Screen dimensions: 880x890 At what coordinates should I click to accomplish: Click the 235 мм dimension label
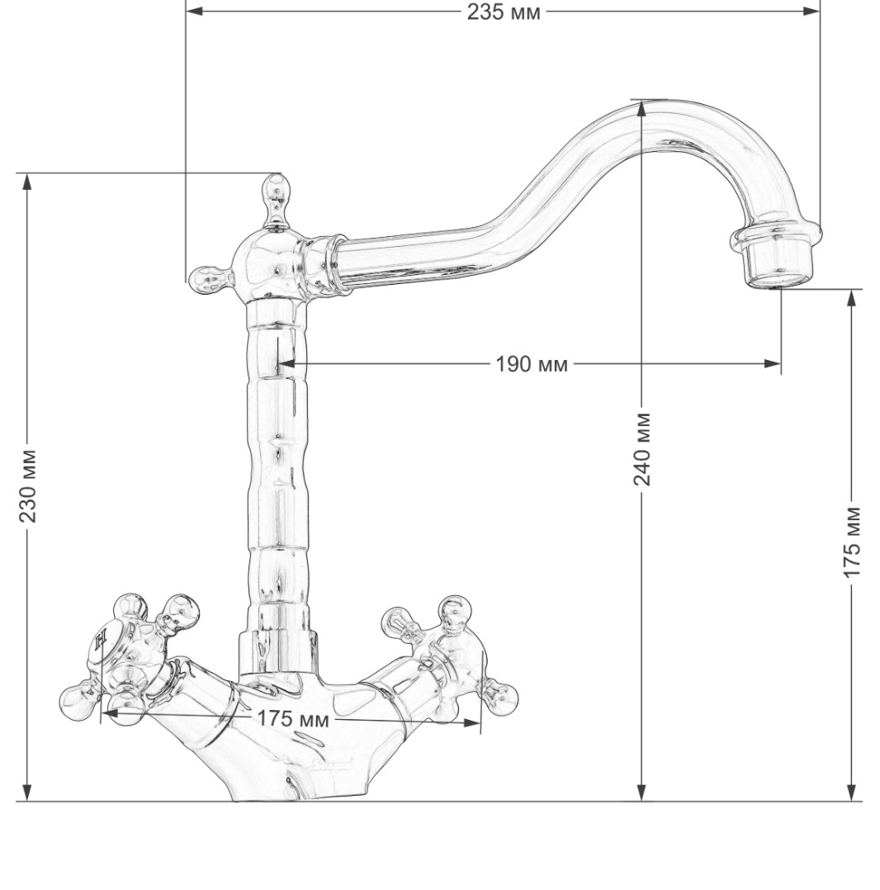504,12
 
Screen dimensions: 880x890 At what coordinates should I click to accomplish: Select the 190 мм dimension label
532,364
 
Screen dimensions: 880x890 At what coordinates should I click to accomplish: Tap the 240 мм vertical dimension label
641,449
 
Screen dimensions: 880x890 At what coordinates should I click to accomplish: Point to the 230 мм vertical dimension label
28,485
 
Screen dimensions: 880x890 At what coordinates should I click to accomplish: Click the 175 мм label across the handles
293,718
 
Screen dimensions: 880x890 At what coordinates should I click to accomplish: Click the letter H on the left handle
101,641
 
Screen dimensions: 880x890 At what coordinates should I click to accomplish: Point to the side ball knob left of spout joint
209,280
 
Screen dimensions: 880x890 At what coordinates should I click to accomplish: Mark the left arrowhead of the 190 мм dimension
286,364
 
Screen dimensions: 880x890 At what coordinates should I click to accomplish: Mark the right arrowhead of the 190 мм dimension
772,364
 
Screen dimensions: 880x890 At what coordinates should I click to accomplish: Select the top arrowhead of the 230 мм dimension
26,182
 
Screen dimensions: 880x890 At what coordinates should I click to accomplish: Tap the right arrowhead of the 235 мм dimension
811,11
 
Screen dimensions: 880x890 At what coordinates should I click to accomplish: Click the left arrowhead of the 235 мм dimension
195,11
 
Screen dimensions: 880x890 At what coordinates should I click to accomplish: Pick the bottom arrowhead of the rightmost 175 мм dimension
851,793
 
